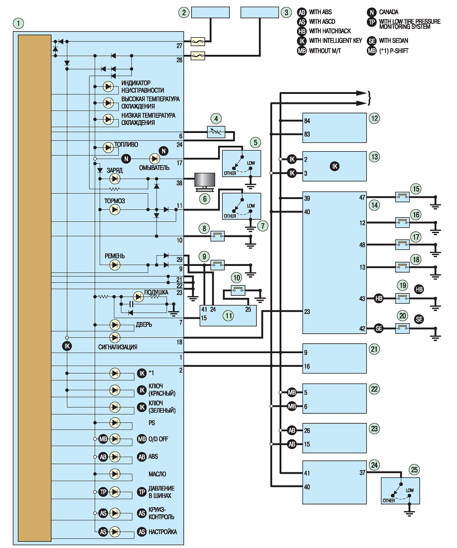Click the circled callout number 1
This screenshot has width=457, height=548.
[x=18, y=23]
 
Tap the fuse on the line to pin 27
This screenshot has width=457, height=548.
[x=198, y=41]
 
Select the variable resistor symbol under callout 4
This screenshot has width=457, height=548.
[x=216, y=132]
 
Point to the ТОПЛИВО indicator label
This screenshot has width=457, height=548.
[x=126, y=145]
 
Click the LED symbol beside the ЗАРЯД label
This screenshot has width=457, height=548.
[x=115, y=179]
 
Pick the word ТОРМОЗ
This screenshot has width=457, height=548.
[x=114, y=201]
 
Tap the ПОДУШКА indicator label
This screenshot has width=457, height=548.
[x=156, y=292]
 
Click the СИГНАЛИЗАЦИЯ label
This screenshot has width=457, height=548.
[x=118, y=347]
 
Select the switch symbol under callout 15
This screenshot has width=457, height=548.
[x=402, y=197]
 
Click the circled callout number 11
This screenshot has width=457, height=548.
[x=228, y=315]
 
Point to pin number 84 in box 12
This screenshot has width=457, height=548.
[x=307, y=121]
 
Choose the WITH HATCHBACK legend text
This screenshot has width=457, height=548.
[x=330, y=31]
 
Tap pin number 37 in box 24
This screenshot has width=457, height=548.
[x=362, y=473]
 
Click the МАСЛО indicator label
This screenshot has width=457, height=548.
[x=157, y=474]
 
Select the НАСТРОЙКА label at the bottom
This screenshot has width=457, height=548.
[x=162, y=532]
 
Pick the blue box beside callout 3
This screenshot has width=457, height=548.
[x=260, y=12]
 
